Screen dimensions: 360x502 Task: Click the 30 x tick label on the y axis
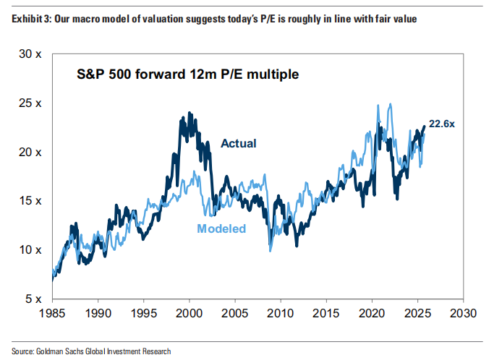(29, 54)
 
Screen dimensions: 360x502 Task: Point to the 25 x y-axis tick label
(29, 103)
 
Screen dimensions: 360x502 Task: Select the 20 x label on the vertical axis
(29, 153)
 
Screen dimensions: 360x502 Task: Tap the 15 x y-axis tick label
(29, 201)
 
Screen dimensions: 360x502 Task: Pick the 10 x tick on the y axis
(29, 250)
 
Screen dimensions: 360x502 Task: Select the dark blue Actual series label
(238, 143)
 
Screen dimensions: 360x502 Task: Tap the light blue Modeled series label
(221, 229)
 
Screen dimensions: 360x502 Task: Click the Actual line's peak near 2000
(190, 113)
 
